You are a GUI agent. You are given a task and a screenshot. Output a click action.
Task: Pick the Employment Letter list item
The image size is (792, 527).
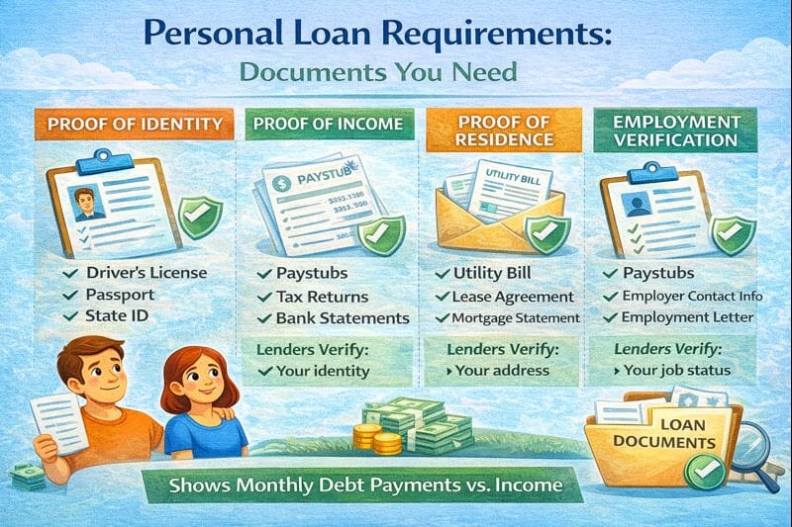[687, 317]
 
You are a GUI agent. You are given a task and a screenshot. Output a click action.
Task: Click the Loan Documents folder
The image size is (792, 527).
[658, 440]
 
